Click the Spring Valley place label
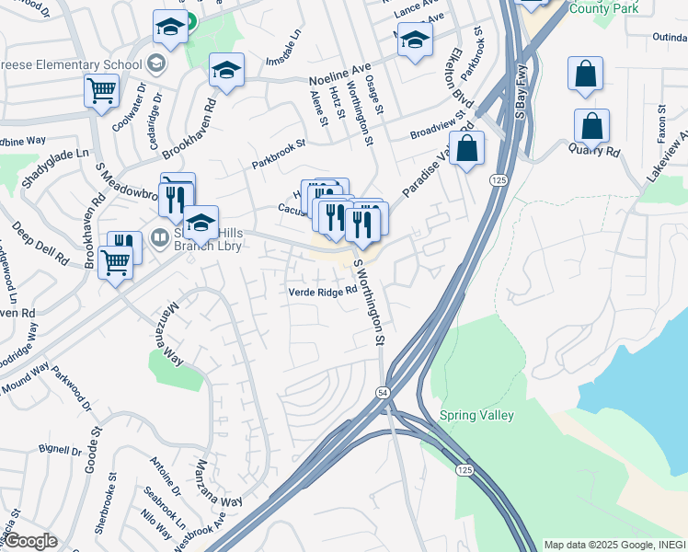[x=476, y=415]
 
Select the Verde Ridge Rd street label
[x=322, y=292]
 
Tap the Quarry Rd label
[x=593, y=149]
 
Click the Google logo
[x=29, y=541]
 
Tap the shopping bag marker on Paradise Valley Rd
[x=467, y=148]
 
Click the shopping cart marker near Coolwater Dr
[x=102, y=91]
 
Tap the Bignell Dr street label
[x=61, y=451]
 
